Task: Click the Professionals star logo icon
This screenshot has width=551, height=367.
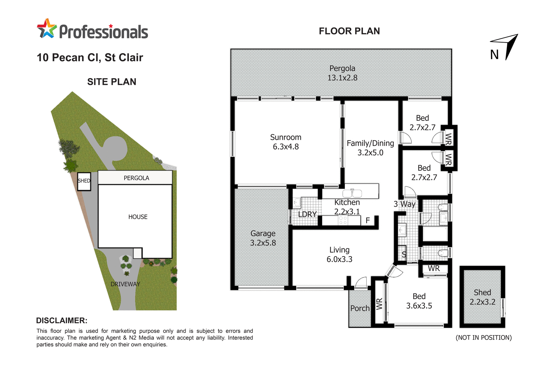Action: coord(47,29)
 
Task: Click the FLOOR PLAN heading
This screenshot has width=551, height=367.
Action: coord(349,31)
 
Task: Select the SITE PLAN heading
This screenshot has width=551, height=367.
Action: coord(112,82)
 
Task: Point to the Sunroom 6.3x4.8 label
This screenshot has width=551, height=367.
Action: coord(285,142)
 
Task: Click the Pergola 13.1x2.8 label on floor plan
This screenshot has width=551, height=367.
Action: coord(342,73)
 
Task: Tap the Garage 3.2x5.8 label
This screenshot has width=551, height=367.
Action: coord(263,238)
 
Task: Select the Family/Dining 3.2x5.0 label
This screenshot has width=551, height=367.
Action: coord(370,148)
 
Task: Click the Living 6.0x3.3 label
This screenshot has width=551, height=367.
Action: coord(339,255)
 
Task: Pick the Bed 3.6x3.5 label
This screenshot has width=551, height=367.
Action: coord(419,301)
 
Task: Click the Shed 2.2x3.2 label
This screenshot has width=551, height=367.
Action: coord(482,297)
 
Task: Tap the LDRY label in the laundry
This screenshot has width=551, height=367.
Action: coord(307,214)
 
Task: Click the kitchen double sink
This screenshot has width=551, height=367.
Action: coord(352,193)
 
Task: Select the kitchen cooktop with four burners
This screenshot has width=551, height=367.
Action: coord(343,220)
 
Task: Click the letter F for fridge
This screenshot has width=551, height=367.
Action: coord(368,221)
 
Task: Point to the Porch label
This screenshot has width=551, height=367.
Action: coord(360,308)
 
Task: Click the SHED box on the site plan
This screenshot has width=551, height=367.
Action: coord(84,181)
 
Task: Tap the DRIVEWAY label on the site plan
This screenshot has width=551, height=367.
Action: coord(125,284)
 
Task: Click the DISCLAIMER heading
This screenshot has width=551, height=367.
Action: coord(62,320)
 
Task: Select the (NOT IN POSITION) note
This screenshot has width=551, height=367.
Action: coord(483,338)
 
